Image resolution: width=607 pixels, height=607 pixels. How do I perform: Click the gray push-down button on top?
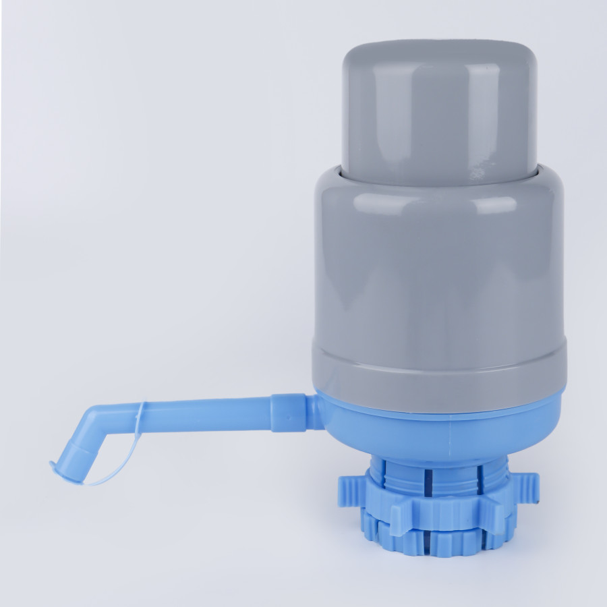pyautogui.click(x=439, y=108)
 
